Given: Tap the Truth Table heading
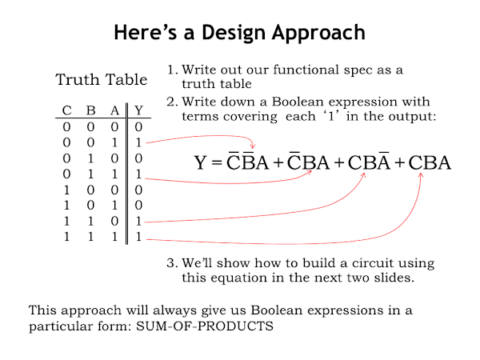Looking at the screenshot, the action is click(x=101, y=80).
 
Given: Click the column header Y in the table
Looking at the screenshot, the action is click(x=139, y=110).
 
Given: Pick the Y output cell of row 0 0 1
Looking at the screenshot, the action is click(x=139, y=142).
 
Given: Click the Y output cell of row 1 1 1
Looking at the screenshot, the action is click(x=139, y=238).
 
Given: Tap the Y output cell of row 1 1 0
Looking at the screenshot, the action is click(x=139, y=222).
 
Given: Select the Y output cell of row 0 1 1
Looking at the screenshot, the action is click(x=139, y=174).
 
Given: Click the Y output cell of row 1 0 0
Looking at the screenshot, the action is click(x=139, y=190).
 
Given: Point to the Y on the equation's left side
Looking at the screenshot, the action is click(x=202, y=164).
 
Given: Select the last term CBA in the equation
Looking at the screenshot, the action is click(x=430, y=164).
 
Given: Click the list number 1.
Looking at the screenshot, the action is click(x=171, y=70).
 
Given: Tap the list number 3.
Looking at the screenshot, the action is click(x=171, y=263).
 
